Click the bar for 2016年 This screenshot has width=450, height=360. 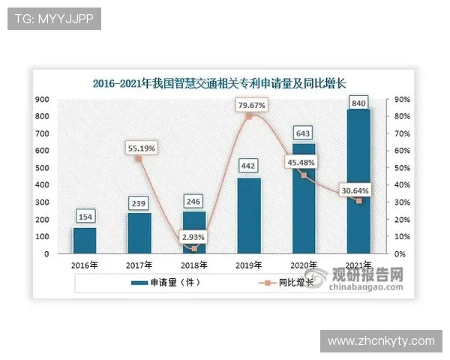84,240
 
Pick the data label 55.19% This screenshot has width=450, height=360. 140,148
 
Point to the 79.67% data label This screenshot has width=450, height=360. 251,106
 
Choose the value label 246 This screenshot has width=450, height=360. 194,202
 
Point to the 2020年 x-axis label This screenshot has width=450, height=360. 304,264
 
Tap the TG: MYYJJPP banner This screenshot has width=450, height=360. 53,19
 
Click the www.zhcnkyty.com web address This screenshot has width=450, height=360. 381,341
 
